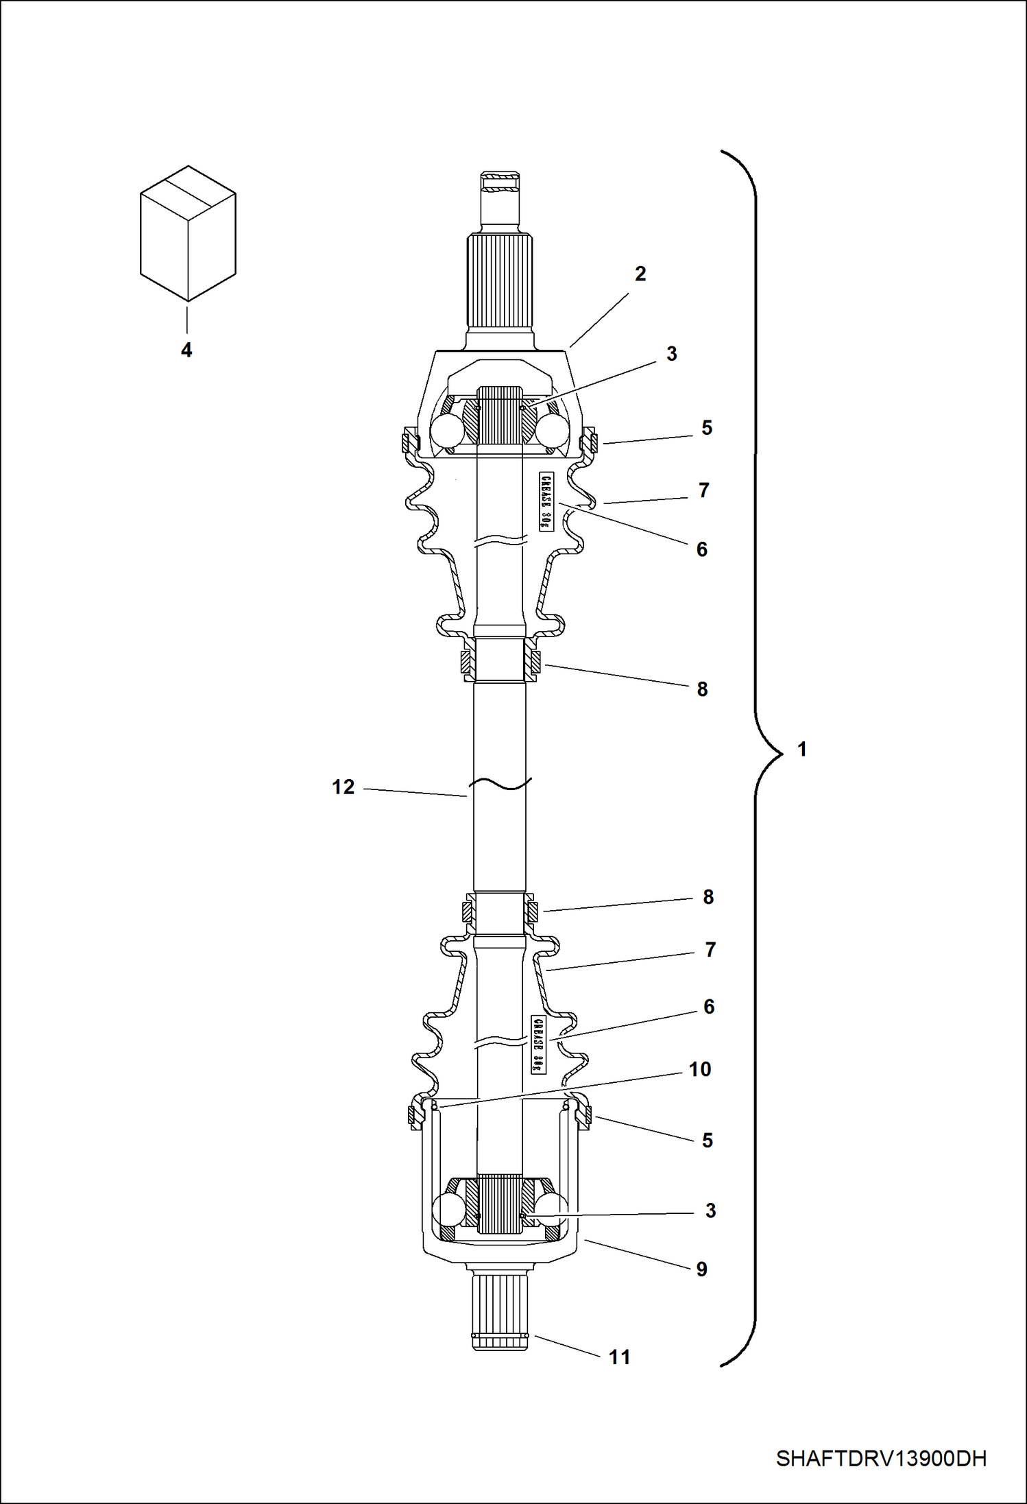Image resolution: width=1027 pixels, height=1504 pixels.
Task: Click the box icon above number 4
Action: click(188, 233)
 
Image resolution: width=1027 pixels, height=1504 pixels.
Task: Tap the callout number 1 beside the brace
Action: click(802, 750)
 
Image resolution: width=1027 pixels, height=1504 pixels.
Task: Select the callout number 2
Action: click(640, 274)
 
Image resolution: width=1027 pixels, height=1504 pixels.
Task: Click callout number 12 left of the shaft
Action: click(343, 787)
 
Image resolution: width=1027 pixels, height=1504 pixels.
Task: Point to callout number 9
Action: click(702, 1269)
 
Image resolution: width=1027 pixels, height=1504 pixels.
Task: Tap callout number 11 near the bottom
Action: click(620, 1357)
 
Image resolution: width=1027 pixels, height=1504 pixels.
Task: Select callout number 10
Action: click(700, 1069)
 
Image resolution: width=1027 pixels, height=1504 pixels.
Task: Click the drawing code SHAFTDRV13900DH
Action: click(881, 1458)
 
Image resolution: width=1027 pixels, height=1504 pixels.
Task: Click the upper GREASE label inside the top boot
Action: click(546, 501)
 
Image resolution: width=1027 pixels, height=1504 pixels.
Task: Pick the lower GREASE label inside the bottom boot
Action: click(539, 1045)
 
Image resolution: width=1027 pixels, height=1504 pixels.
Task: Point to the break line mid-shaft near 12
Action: click(500, 784)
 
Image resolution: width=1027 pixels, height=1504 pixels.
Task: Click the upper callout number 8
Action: click(702, 689)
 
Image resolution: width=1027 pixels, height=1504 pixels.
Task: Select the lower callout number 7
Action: click(710, 950)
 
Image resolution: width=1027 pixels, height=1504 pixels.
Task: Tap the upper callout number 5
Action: click(707, 428)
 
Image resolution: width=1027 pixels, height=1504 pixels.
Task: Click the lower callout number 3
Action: click(710, 1211)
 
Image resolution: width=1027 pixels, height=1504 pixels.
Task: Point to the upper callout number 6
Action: click(702, 549)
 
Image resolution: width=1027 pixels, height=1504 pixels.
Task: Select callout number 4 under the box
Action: click(186, 350)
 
